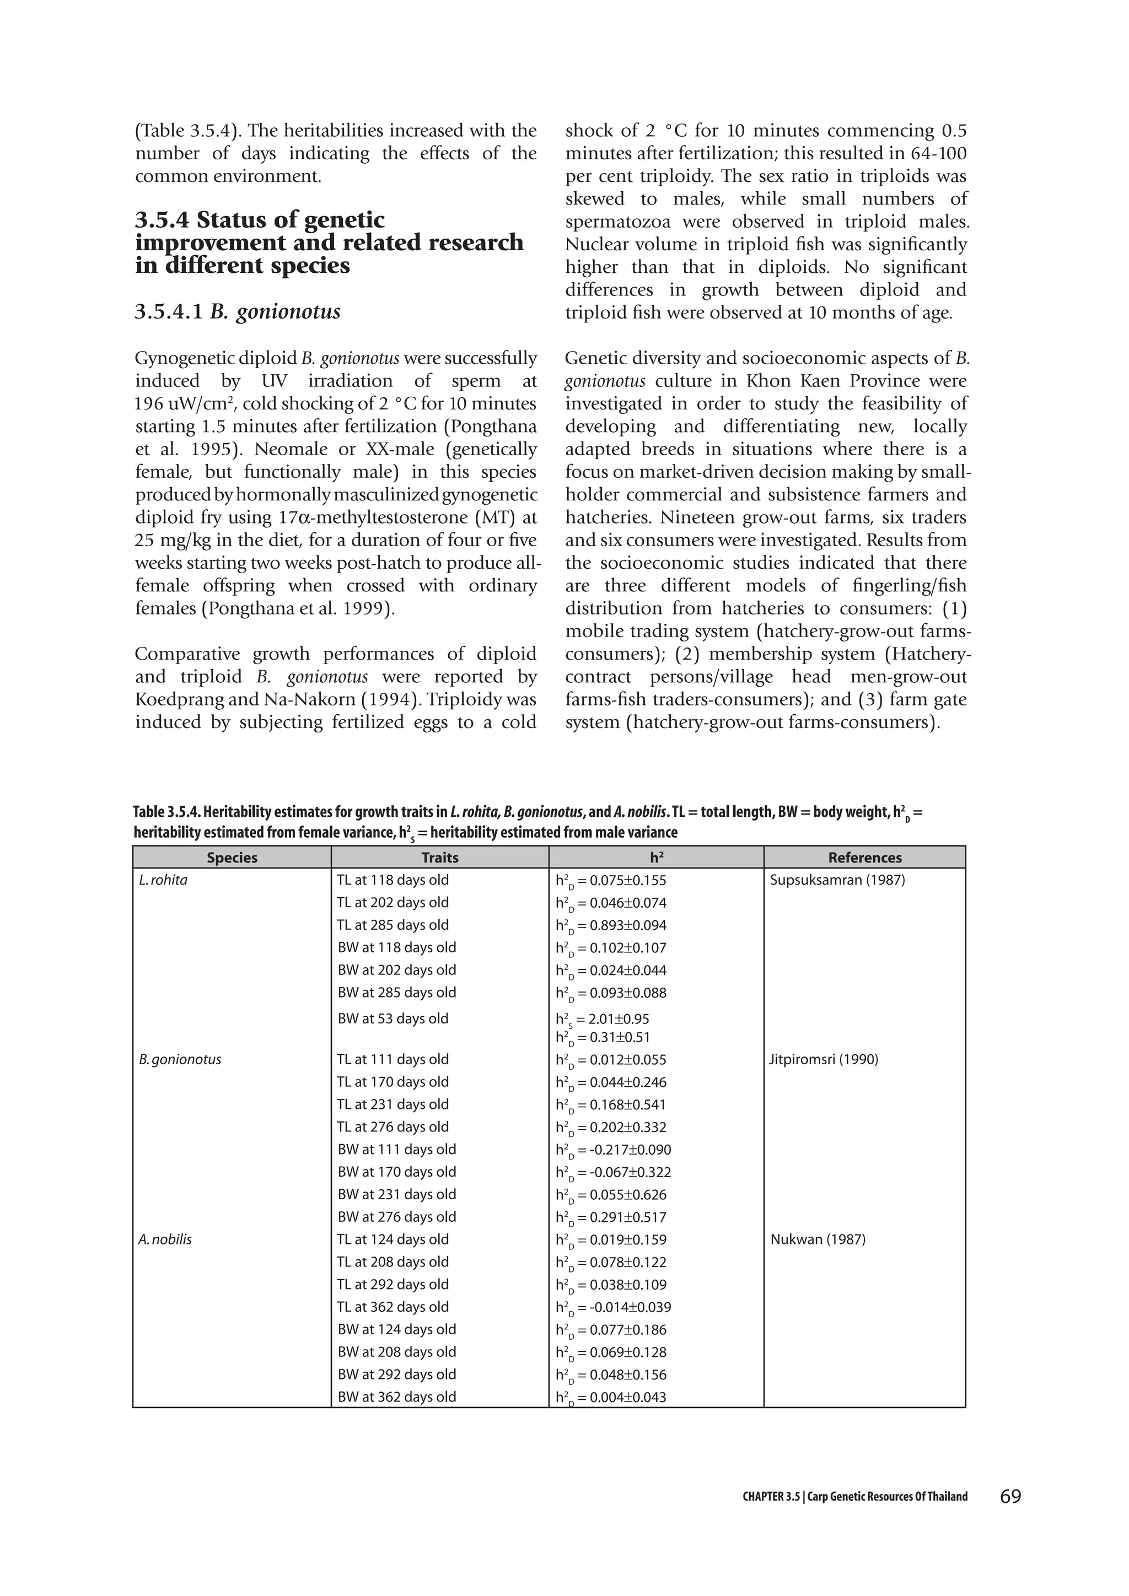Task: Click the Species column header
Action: (x=232, y=858)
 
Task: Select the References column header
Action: (x=864, y=858)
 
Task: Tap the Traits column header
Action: (x=439, y=858)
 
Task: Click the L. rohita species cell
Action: (x=163, y=880)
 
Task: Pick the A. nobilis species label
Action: (x=165, y=1239)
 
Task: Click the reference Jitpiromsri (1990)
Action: (x=824, y=1059)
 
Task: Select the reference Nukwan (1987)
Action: (x=818, y=1239)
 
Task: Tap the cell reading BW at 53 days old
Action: (x=393, y=1019)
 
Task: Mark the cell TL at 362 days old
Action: (x=393, y=1307)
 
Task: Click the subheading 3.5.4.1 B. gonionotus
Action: (x=237, y=312)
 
